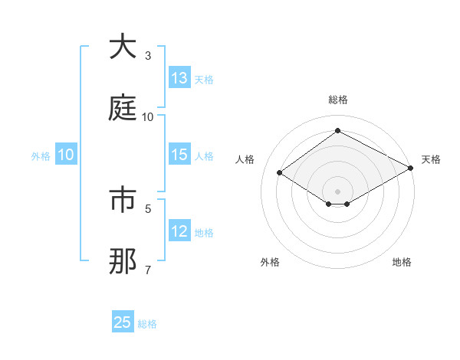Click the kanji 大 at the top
(123, 47)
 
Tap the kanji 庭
(123, 108)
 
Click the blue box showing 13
(179, 78)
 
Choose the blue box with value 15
(179, 155)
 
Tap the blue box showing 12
(179, 232)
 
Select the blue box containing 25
(123, 322)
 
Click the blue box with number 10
(66, 155)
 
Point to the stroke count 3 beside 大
(148, 56)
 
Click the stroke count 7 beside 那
(148, 270)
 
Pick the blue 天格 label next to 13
(204, 79)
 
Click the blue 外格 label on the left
(41, 155)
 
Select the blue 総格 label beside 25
(147, 323)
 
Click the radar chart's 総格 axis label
(337, 100)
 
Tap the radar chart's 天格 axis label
(431, 159)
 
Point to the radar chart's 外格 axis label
(270, 262)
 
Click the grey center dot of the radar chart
(337, 191)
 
